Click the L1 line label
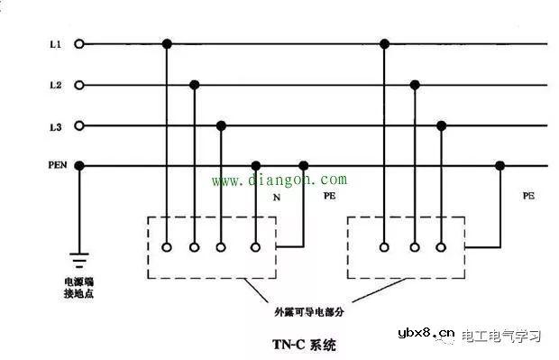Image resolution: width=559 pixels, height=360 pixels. pos(55,43)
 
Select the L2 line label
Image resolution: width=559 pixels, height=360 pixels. pos(55,85)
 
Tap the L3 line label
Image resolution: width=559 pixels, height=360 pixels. pos(55,125)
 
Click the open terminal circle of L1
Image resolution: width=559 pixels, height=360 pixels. pos(79,43)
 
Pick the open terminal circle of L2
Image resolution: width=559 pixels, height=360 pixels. pos(79,85)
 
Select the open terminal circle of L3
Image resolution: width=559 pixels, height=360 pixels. pos(79,125)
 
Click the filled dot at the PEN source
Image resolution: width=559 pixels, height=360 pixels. pos(79,165)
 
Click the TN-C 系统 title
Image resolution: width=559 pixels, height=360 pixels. pos(306,345)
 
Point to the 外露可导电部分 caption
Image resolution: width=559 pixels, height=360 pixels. pos(309,311)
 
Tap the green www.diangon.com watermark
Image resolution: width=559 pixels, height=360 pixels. pos(279,180)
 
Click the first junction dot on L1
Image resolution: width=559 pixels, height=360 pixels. pos(166,43)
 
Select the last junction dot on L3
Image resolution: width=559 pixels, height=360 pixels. pos(441,125)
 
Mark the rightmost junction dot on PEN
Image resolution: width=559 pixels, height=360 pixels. pos(500,165)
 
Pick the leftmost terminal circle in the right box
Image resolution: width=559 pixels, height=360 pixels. pos(385,246)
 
